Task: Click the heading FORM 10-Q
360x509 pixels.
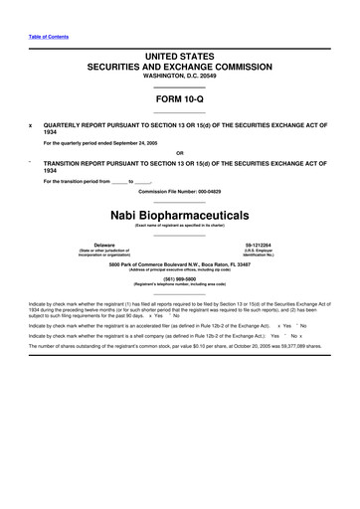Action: click(180, 100)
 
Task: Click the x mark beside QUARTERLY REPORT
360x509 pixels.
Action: click(31, 125)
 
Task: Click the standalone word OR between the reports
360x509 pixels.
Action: click(180, 152)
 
